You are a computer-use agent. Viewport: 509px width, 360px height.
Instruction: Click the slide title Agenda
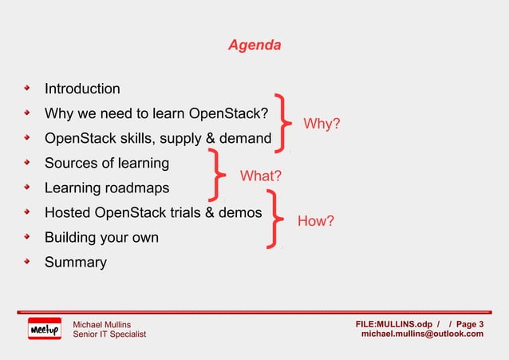click(x=254, y=45)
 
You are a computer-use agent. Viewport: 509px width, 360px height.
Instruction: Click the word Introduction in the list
click(x=82, y=89)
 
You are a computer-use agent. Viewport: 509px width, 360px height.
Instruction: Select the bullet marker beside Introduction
click(x=27, y=89)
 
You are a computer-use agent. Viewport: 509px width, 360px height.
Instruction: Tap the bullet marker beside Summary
click(x=27, y=262)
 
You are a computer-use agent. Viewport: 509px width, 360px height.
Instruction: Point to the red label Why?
click(x=322, y=124)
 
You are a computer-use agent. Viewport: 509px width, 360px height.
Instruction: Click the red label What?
click(x=261, y=176)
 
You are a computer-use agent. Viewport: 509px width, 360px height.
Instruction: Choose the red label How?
click(x=315, y=221)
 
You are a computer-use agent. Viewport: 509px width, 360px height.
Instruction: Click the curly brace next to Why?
click(x=284, y=120)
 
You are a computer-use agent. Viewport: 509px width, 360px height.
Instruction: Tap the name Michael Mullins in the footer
click(x=102, y=323)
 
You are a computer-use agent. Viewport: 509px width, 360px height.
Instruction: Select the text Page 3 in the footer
click(x=469, y=323)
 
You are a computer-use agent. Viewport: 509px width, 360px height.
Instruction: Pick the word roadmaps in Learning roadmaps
click(x=146, y=188)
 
